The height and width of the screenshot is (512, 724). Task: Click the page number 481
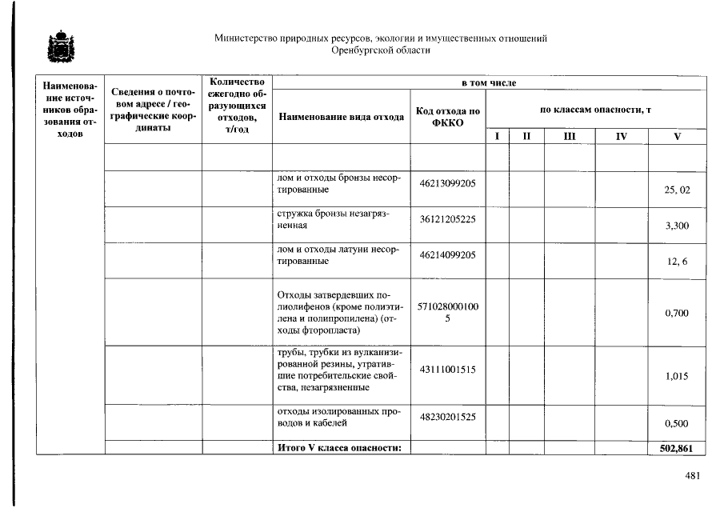pos(693,477)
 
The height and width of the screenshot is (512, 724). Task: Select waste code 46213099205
pos(447,183)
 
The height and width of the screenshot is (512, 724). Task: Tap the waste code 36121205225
pos(447,219)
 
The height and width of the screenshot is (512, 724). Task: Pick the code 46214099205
pos(447,255)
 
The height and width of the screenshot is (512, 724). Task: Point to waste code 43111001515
pos(447,369)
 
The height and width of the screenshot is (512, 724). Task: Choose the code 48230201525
pos(447,417)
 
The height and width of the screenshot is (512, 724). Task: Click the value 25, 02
pos(677,190)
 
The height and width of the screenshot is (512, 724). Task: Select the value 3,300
pos(677,226)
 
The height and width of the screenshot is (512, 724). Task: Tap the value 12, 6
pos(677,262)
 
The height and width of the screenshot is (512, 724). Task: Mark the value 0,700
pos(677,313)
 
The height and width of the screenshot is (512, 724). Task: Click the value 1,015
pos(677,376)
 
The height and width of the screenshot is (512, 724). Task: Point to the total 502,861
pos(676,448)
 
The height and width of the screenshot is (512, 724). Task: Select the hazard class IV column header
pos(622,137)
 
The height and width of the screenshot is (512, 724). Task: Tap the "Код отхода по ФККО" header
pos(447,117)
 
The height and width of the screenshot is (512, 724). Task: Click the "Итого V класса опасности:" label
pos(338,448)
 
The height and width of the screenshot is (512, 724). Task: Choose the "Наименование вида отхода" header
pos(341,117)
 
